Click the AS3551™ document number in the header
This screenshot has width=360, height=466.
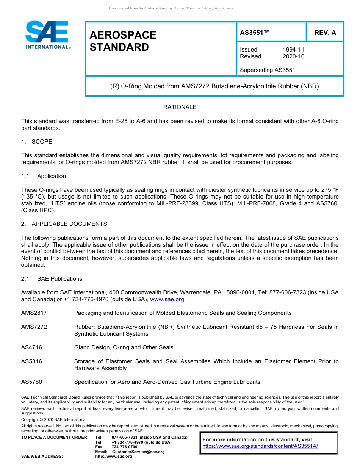pos(255,33)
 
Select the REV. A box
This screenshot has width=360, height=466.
pos(325,33)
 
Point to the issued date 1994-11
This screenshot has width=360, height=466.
pos(293,50)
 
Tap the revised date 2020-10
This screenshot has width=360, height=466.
pos(293,56)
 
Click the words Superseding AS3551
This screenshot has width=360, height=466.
pos(268,70)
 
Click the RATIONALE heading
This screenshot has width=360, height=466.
pos(180,107)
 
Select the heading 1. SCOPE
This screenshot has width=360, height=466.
pos(37,142)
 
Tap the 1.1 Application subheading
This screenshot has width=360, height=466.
pos(44,176)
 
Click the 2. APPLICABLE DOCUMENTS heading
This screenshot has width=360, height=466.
pos(64,224)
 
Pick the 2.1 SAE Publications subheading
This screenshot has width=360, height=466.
pos(52,279)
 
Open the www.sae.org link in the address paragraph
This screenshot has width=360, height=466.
pos(167,299)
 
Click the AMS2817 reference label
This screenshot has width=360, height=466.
pos(34,313)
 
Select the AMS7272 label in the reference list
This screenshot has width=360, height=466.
pos(34,327)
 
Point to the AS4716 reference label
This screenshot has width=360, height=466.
pos(31,347)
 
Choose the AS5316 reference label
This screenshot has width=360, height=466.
pos(31,361)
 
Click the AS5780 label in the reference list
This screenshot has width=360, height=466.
pos(31,382)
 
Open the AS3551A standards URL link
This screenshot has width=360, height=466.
pos(260,446)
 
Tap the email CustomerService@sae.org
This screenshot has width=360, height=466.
pos(138,452)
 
